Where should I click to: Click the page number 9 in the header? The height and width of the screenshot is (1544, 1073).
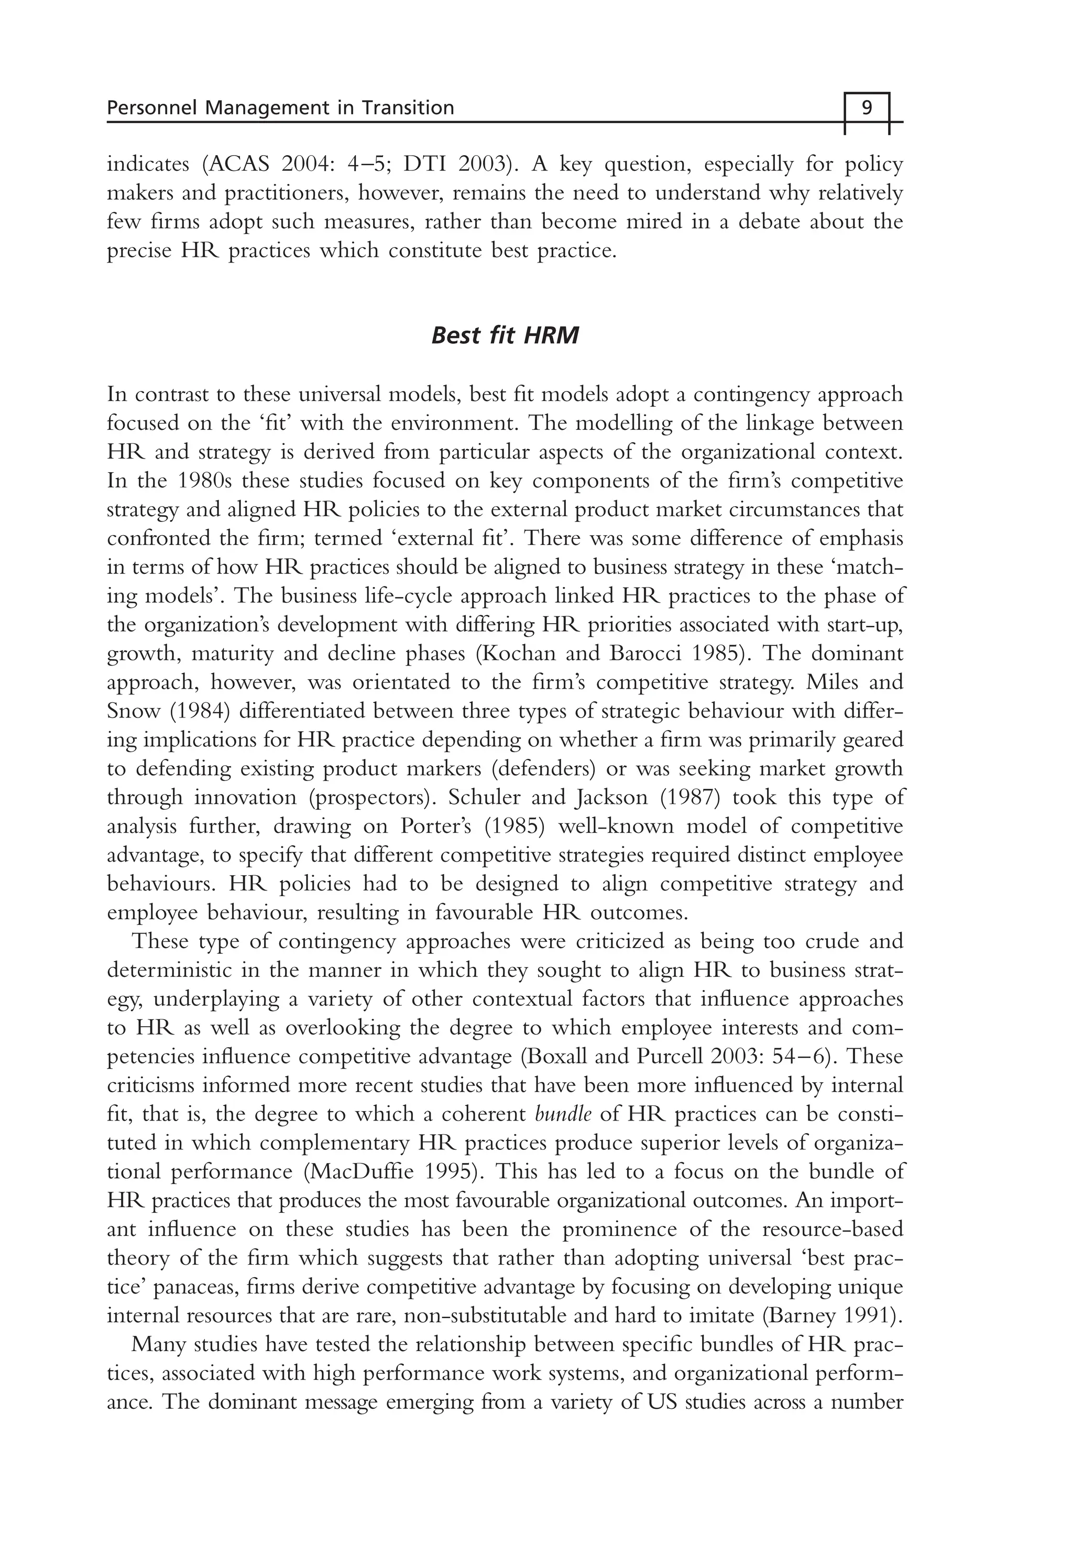pyautogui.click(x=867, y=107)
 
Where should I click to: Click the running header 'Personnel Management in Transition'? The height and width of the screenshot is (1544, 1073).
pyautogui.click(x=280, y=107)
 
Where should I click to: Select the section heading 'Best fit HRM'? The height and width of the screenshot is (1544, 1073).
pyautogui.click(x=504, y=335)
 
